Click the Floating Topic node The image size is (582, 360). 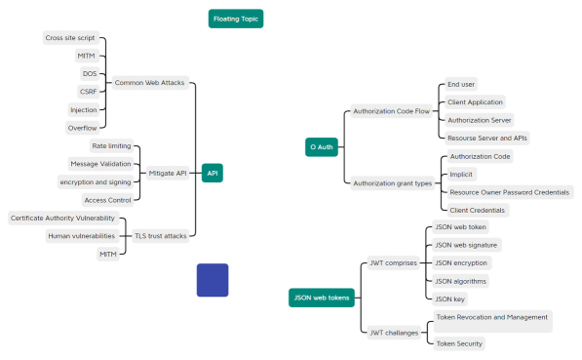[237, 19]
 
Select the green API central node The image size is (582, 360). [212, 173]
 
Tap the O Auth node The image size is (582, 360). [321, 147]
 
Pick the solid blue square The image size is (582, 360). [213, 280]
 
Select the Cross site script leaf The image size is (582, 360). [69, 37]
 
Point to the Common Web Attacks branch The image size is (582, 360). [149, 83]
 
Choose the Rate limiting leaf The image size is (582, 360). [112, 145]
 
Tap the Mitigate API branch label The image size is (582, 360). [168, 173]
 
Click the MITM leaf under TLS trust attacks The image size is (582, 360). [108, 254]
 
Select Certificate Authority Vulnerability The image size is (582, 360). [62, 218]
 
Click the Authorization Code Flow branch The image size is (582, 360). [391, 111]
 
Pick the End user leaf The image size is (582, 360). [460, 84]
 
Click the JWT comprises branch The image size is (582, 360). [393, 262]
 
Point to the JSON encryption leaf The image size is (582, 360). [461, 262]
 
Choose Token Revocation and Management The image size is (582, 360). [491, 317]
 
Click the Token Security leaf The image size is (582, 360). [458, 343]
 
